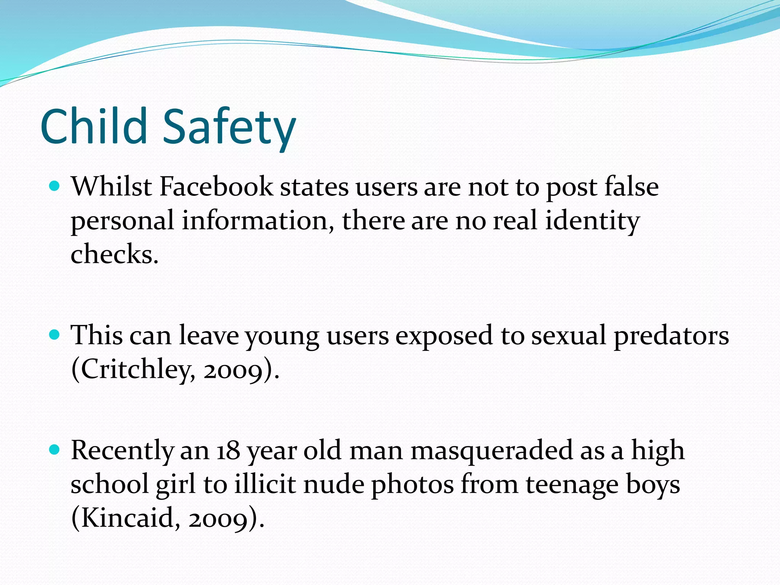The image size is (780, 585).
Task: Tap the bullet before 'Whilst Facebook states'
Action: tap(55, 186)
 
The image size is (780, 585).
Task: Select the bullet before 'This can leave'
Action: tap(55, 335)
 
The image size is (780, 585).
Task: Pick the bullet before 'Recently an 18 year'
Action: tap(55, 450)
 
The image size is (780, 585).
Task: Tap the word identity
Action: tap(592, 221)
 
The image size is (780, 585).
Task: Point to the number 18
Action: tap(229, 450)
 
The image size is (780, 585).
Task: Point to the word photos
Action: tap(412, 485)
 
